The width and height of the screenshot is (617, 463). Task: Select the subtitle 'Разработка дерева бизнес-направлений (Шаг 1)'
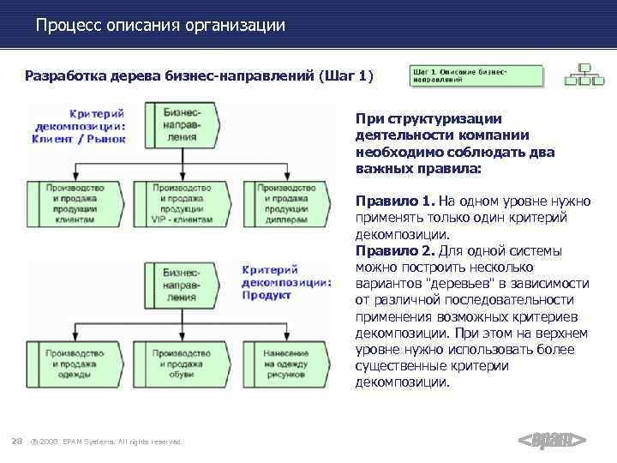tap(199, 76)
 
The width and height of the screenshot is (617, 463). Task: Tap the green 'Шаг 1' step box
tap(476, 75)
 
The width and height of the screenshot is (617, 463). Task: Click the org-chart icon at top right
tap(587, 75)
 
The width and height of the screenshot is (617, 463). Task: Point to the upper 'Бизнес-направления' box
tap(182, 125)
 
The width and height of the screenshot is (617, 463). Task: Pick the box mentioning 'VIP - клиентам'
tap(182, 202)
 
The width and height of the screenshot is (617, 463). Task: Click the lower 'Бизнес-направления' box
tap(182, 284)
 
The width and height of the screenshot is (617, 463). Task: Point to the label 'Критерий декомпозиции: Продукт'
tap(286, 282)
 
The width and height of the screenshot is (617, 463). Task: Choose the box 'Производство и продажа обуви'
tap(182, 360)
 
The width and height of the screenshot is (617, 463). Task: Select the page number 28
tap(15, 441)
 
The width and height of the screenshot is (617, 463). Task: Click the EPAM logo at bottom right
tap(552, 441)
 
